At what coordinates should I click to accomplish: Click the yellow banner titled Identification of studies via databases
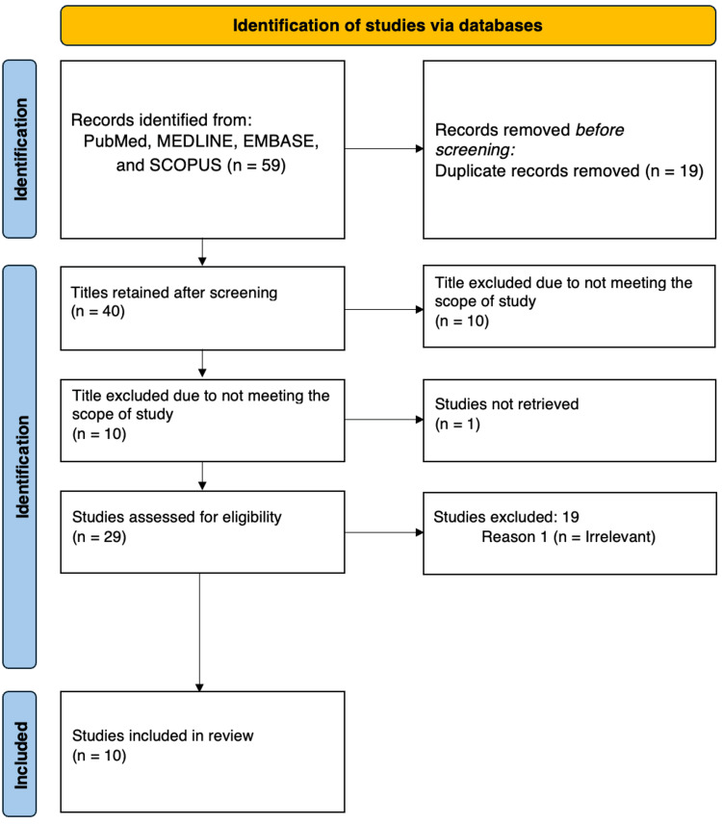(x=388, y=25)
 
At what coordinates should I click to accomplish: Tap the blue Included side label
(x=20, y=754)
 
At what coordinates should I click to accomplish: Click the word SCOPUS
(x=186, y=165)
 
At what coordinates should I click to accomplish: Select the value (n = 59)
(x=256, y=165)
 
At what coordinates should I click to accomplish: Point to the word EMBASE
(x=280, y=142)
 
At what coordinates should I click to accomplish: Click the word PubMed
(x=116, y=142)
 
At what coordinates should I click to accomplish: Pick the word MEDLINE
(x=195, y=142)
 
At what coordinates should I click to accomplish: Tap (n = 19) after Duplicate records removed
(x=674, y=170)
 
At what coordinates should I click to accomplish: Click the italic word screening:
(x=475, y=150)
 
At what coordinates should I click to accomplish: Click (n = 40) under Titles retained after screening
(x=98, y=311)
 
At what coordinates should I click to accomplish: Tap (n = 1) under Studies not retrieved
(x=457, y=425)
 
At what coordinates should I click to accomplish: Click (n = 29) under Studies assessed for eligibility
(x=99, y=537)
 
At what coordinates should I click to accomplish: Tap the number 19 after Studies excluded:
(x=571, y=517)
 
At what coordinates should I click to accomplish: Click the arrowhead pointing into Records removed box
(x=420, y=148)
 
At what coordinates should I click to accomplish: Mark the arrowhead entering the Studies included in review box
(x=199, y=687)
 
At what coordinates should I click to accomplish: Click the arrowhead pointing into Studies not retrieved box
(x=420, y=420)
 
